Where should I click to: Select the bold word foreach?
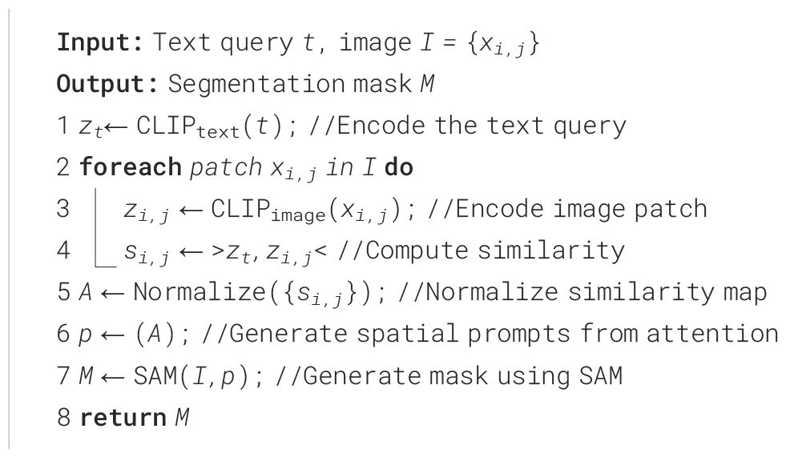(130, 167)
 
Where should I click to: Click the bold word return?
(117, 417)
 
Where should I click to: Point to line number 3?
(64, 209)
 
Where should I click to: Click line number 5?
(64, 292)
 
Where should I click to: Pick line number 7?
(64, 375)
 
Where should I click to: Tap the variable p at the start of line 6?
(86, 335)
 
